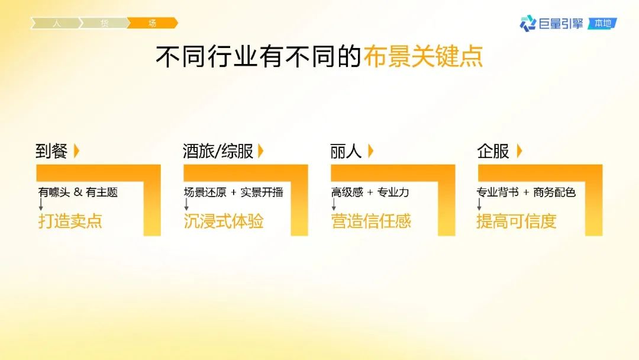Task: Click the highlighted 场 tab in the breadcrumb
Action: click(153, 23)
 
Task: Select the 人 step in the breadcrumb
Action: click(56, 23)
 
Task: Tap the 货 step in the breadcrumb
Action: click(104, 23)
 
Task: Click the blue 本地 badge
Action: click(602, 23)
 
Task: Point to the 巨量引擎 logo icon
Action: click(528, 23)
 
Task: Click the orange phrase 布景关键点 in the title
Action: click(423, 56)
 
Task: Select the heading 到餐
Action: click(51, 151)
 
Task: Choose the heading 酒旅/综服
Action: click(218, 151)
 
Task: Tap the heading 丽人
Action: click(346, 151)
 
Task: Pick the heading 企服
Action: click(493, 151)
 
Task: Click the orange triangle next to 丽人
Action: click(370, 151)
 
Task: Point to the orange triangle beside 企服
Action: click(519, 151)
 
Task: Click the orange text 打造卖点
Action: click(70, 221)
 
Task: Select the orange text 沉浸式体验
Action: click(223, 221)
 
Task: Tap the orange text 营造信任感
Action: click(371, 221)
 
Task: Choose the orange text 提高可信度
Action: click(517, 221)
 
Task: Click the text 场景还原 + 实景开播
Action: click(234, 192)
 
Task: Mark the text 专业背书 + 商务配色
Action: click(526, 192)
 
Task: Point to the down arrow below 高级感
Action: click(334, 204)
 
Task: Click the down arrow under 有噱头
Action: click(41, 204)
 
